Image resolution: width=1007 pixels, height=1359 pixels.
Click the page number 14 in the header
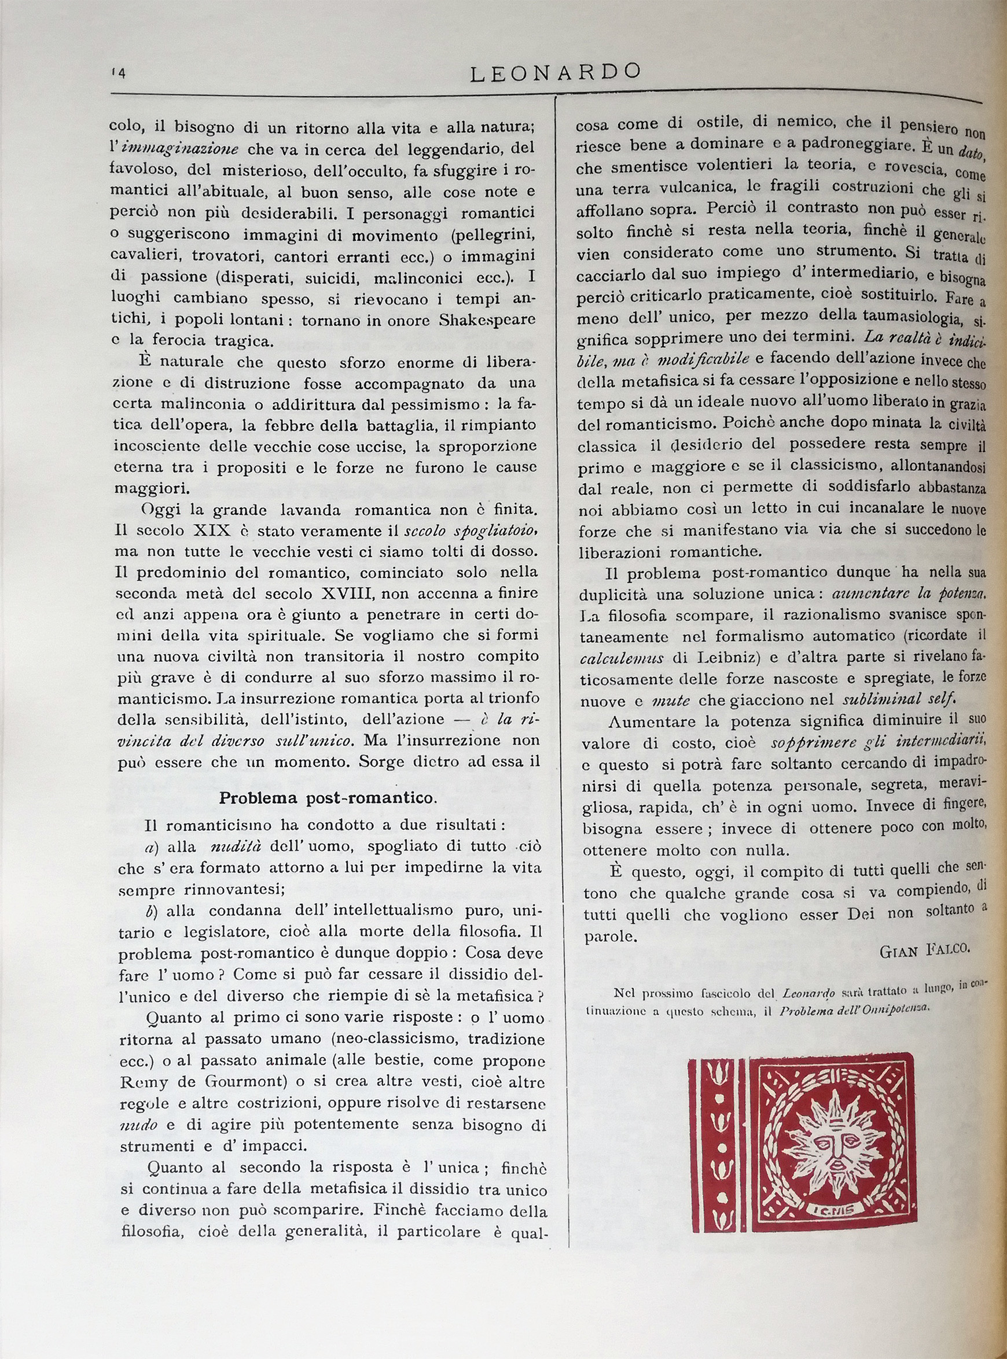tap(118, 73)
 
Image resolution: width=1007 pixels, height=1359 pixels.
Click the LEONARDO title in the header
tap(556, 72)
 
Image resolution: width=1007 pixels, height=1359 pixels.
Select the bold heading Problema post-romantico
tap(328, 798)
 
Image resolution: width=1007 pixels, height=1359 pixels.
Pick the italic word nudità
tap(236, 846)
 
